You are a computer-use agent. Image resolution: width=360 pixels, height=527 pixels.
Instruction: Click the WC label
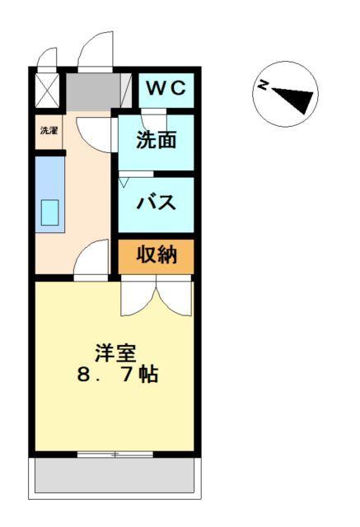168,86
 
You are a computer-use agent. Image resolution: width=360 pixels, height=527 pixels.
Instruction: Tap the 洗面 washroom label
157,140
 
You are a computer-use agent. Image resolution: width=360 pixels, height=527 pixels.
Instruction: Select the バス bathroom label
156,202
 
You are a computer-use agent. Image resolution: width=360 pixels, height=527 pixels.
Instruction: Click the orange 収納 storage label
157,255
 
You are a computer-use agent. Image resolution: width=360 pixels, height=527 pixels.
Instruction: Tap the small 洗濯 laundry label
49,130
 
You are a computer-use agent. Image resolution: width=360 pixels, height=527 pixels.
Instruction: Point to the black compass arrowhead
299,100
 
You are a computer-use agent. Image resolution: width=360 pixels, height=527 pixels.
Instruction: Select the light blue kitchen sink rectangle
51,214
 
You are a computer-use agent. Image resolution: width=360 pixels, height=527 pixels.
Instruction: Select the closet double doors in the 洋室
157,298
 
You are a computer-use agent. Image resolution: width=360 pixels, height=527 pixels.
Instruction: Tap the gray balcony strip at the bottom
115,476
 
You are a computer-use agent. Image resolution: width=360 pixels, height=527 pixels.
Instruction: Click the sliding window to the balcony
115,454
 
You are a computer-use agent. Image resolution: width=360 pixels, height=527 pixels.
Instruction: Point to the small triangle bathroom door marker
124,181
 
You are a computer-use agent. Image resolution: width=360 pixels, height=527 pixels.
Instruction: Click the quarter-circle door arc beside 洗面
92,132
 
